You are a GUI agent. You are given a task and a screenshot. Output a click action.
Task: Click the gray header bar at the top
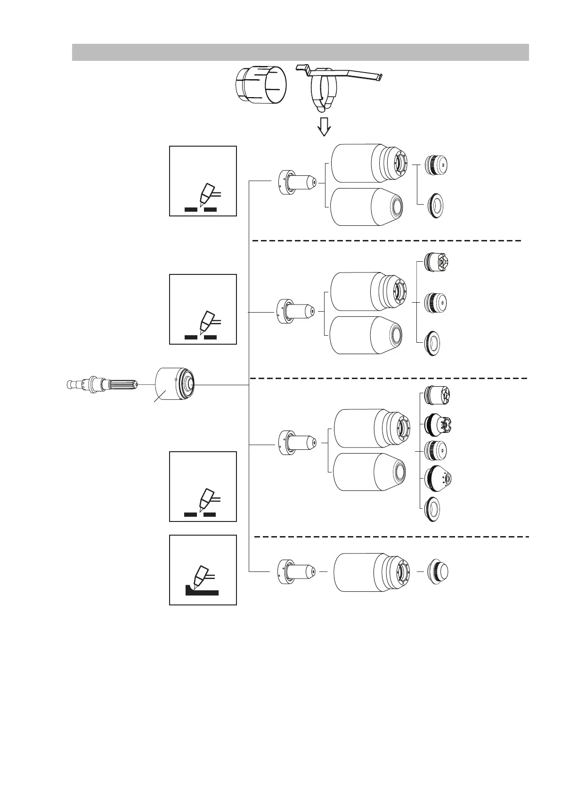click(x=300, y=52)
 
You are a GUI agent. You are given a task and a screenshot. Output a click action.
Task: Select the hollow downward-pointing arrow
click(x=324, y=126)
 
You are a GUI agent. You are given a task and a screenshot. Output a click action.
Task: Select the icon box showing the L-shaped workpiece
click(x=203, y=570)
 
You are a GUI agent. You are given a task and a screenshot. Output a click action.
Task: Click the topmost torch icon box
click(x=203, y=181)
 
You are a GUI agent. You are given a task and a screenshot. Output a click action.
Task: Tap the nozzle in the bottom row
click(x=295, y=571)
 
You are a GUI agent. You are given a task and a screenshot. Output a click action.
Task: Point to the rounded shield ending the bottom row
click(x=438, y=571)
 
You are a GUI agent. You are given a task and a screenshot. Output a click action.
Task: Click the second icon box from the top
click(x=203, y=309)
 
